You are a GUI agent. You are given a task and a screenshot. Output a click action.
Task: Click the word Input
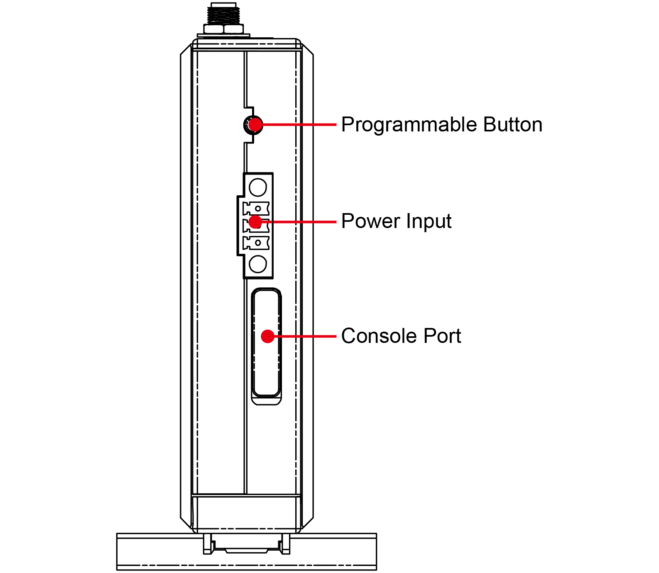point(429,222)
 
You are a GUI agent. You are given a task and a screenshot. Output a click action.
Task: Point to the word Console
point(378,336)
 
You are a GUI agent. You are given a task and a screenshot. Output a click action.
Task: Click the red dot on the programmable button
point(255,124)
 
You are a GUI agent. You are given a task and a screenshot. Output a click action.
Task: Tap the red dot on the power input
point(255,222)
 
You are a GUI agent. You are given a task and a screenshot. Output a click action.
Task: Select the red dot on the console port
point(268,336)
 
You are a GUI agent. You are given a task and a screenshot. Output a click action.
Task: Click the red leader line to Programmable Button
point(299,124)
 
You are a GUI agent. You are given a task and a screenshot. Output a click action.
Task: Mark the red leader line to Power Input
point(299,222)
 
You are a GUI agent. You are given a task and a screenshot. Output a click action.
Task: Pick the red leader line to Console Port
point(305,336)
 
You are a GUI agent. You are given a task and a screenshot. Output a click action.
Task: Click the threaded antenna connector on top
point(223,13)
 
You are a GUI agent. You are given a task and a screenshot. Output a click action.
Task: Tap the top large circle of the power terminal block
point(258,187)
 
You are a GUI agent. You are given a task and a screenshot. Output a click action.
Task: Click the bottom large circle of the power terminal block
point(258,264)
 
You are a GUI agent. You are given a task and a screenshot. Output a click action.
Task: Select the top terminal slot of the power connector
point(256,208)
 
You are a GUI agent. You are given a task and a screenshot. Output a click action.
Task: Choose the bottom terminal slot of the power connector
point(256,243)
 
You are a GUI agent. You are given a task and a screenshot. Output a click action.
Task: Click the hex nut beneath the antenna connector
point(223,29)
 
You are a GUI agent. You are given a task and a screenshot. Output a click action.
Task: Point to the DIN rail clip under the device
point(247,544)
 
